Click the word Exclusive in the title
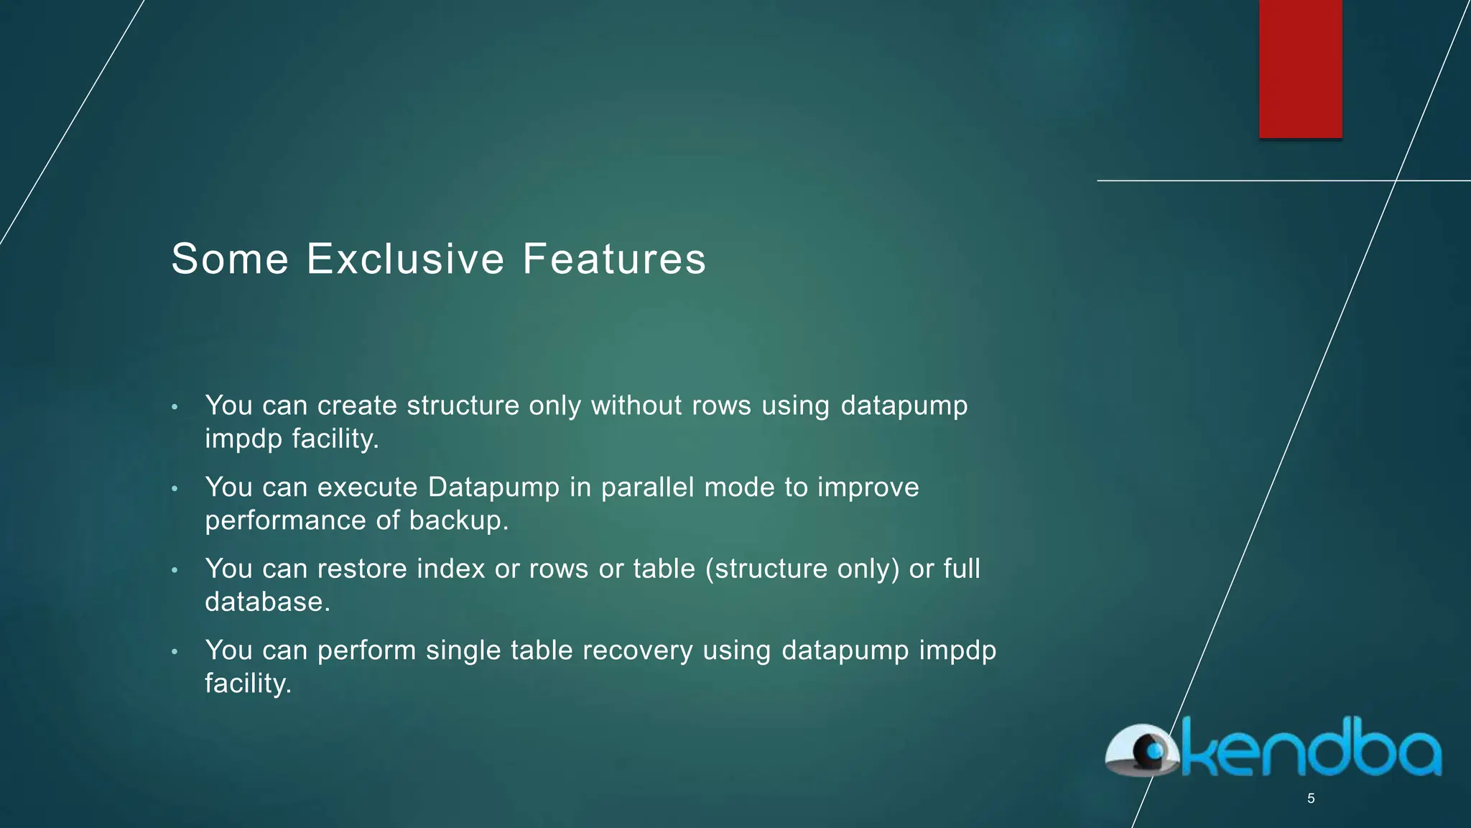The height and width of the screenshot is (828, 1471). pos(406,259)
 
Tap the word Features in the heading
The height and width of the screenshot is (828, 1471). pos(614,259)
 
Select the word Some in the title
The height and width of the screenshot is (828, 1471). pos(230,259)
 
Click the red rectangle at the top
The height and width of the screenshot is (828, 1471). pos(1300,68)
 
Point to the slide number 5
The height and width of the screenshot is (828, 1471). pos(1311,799)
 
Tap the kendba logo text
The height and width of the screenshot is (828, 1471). pos(1311,749)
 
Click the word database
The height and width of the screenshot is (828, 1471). pos(267,602)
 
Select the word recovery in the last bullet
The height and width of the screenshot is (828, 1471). pos(638,650)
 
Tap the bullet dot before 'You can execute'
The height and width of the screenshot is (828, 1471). pos(175,489)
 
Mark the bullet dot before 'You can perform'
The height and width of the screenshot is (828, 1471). pos(175,652)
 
